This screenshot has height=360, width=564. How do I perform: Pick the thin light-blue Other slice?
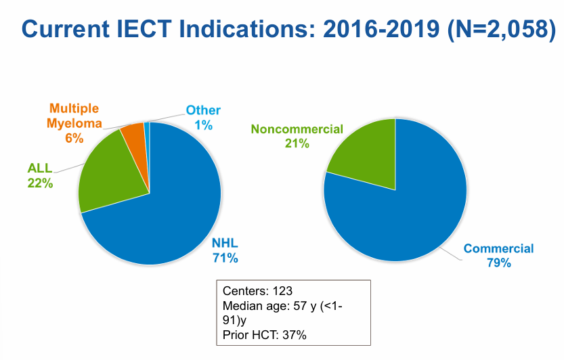coord(147,125)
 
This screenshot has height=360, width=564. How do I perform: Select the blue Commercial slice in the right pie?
coord(413,217)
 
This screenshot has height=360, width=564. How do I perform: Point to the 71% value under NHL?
coord(225,257)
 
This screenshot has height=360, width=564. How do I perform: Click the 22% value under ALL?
coord(40,183)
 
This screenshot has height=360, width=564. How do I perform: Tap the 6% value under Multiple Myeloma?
coord(74,138)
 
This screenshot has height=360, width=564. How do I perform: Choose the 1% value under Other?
coord(204,125)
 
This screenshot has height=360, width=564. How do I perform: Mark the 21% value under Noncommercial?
coord(297,143)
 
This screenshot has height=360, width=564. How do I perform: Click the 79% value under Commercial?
coord(498,263)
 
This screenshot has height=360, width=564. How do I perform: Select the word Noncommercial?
coord(297,129)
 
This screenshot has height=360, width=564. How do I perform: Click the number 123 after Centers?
coord(282,291)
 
